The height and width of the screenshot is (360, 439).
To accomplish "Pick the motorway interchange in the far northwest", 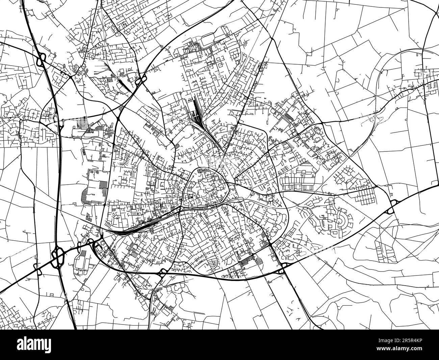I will coord(40,61).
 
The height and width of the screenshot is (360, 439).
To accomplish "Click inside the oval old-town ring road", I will coord(206,188).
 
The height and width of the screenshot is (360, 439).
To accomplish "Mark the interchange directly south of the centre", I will coord(163,272).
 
